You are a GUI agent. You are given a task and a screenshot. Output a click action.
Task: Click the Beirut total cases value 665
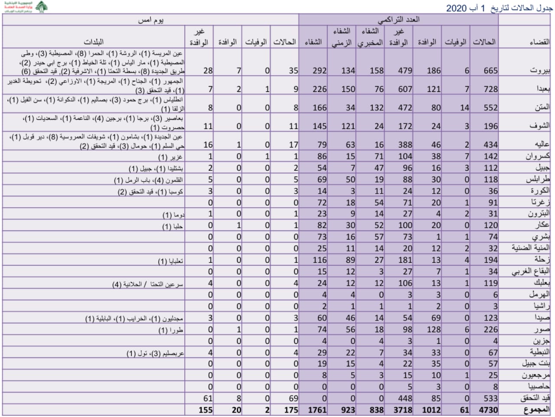coord(490,70)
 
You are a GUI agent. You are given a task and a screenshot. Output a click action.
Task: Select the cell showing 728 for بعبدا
coord(490,89)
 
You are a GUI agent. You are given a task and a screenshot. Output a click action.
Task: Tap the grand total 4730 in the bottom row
coord(488,410)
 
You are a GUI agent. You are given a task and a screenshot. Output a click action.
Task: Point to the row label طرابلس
coord(538,179)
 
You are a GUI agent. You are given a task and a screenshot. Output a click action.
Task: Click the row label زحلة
coord(542,260)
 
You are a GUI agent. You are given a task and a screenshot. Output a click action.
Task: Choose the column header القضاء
coord(539,42)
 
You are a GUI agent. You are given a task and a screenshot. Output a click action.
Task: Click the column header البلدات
coord(94,42)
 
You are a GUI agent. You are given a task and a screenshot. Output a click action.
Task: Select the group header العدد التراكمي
coord(398,20)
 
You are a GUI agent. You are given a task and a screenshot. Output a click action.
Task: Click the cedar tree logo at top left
coord(42,7)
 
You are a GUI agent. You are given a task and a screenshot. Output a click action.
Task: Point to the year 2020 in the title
coord(456,8)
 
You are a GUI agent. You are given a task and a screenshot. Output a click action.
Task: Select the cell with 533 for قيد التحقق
coord(490,398)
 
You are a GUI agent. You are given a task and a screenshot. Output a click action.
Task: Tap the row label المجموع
coord(536,410)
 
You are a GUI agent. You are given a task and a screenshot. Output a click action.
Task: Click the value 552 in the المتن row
coord(490,108)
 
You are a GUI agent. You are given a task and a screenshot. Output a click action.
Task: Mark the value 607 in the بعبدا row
coord(405,89)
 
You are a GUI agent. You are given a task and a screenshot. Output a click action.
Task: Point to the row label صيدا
coord(542,318)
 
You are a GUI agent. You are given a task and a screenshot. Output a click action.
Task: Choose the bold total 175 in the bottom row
coord(291,410)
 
